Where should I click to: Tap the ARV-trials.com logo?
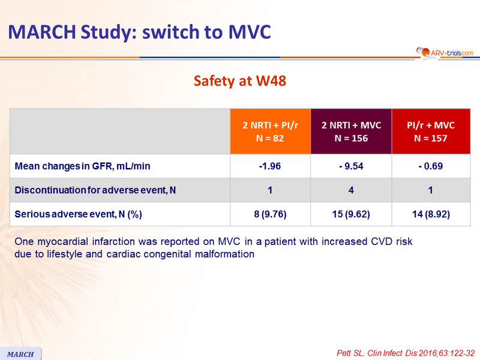pyautogui.click(x=443, y=53)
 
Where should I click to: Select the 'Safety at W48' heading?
pyautogui.click(x=239, y=82)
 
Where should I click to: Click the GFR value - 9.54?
pyautogui.click(x=351, y=166)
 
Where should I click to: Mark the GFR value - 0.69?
pyautogui.click(x=431, y=166)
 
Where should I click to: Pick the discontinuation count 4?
pyautogui.click(x=351, y=190)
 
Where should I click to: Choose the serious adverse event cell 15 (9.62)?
pyautogui.click(x=351, y=214)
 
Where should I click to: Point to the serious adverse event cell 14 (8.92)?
pyautogui.click(x=431, y=214)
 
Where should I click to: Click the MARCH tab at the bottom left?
pyautogui.click(x=20, y=353)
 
